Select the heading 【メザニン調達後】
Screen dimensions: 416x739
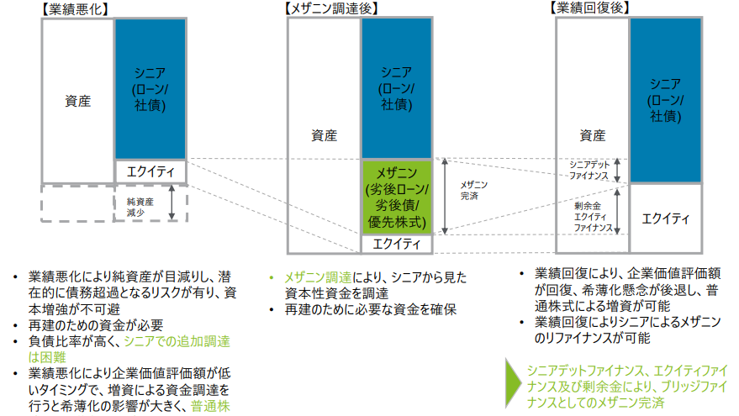333,9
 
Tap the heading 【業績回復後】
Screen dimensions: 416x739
591,9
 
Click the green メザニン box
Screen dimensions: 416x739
398,197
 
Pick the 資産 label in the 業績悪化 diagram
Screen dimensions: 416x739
77,101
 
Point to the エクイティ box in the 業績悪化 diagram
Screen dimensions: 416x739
150,171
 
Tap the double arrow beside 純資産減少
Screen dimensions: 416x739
172,203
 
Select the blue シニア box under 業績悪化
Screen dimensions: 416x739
150,88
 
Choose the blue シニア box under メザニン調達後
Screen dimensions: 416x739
397,87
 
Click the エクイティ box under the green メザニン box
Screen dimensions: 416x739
397,244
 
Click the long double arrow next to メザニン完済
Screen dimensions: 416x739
446,195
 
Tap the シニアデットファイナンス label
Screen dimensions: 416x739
587,169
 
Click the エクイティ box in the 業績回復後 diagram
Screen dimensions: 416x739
666,219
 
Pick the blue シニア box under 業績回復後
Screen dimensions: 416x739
666,99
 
